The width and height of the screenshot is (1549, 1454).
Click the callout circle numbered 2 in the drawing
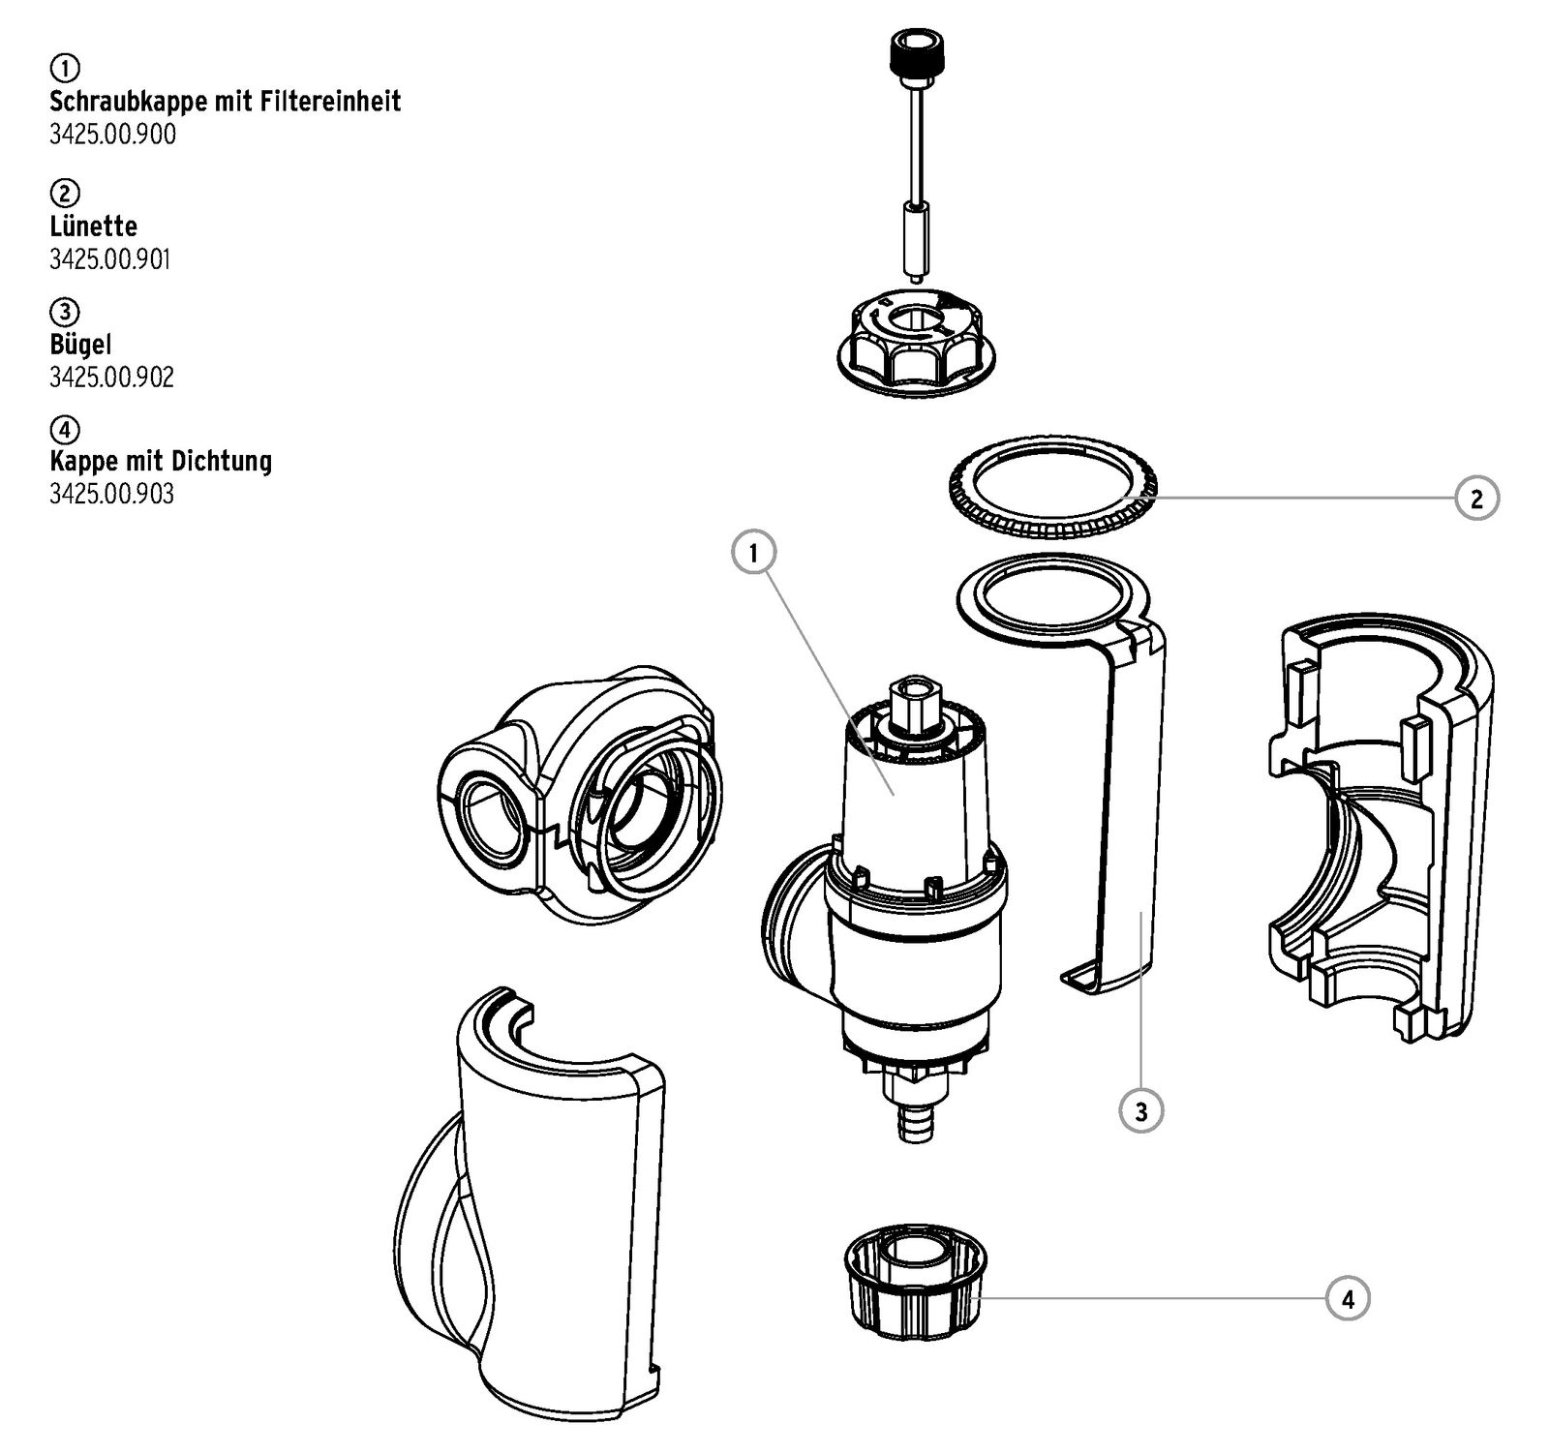tap(1475, 499)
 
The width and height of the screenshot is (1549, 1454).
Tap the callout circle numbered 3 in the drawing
tap(1140, 1111)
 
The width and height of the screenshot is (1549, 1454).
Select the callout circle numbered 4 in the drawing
tap(1348, 1298)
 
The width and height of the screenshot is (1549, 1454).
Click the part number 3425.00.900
tap(112, 135)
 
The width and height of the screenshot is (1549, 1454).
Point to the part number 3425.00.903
tap(112, 495)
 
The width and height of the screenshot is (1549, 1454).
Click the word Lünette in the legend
tap(93, 227)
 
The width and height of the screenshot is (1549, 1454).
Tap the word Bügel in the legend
tap(80, 344)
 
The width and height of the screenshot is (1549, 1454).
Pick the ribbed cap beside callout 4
tap(913, 1287)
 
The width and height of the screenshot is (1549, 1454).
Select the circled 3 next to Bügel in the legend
tap(64, 312)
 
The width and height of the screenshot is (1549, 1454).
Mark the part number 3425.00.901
tap(110, 259)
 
